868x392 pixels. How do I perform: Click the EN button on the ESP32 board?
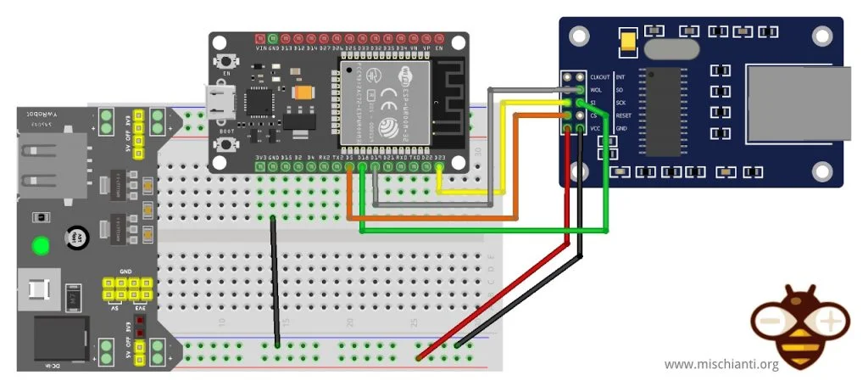pyautogui.click(x=227, y=62)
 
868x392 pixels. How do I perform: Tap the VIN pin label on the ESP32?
pyautogui.click(x=259, y=49)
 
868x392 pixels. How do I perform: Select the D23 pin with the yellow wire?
pyautogui.click(x=440, y=167)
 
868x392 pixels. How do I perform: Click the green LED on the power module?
pyautogui.click(x=39, y=246)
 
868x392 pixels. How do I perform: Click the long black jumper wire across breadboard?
pyautogui.click(x=275, y=280)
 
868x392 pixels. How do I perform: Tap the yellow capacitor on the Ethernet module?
pyautogui.click(x=628, y=38)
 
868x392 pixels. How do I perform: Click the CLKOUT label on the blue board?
pyautogui.click(x=599, y=77)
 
